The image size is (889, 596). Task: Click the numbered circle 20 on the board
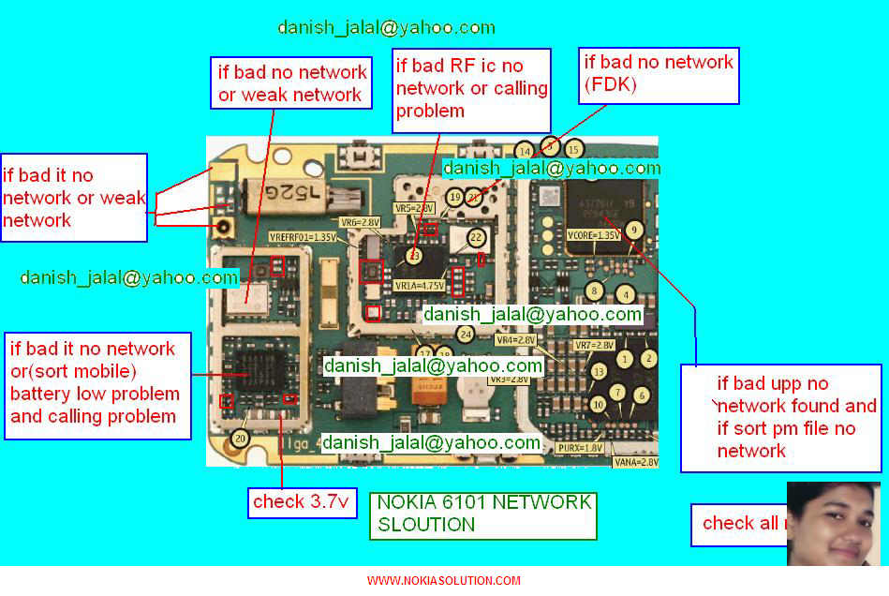point(241,438)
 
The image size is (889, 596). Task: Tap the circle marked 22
point(477,237)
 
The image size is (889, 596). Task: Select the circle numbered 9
point(635,230)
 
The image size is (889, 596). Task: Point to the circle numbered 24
point(465,333)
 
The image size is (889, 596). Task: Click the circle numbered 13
point(599,372)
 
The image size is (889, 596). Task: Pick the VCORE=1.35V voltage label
point(594,235)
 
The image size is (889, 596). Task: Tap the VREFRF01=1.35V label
point(302,236)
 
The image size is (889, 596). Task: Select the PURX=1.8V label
point(580,448)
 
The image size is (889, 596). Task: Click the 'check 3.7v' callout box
point(302,502)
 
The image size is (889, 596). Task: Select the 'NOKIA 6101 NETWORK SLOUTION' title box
point(483,514)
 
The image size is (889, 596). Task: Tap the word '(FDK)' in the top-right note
point(611,85)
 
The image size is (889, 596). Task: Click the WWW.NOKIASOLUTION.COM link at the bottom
point(443,581)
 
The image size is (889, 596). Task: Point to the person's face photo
point(834,524)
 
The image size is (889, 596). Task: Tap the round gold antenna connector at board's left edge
point(226,227)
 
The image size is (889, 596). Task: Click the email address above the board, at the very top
point(386,27)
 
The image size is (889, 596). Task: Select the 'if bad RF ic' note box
point(471,89)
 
